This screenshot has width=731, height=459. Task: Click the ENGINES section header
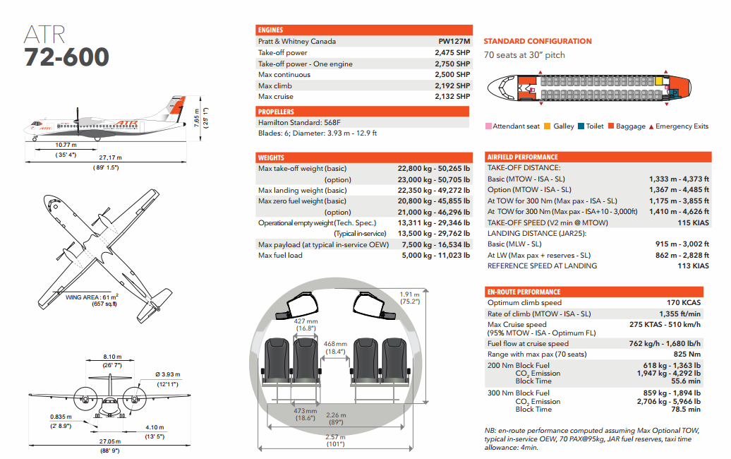click(x=271, y=30)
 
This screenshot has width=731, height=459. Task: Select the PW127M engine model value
click(x=454, y=42)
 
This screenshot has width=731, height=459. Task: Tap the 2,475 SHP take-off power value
click(x=452, y=53)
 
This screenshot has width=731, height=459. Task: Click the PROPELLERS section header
click(x=277, y=112)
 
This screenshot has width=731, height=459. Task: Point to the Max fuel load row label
click(x=280, y=255)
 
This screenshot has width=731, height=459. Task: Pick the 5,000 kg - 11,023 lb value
click(x=434, y=255)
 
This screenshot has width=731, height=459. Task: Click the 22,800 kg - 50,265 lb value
click(x=434, y=169)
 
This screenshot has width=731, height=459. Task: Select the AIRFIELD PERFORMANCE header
click(x=523, y=157)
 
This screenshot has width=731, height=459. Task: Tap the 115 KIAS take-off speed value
click(x=693, y=222)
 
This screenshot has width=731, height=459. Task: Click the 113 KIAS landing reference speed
click(x=693, y=266)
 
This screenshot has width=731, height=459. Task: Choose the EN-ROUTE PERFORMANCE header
click(x=524, y=292)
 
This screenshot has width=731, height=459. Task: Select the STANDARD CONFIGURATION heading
click(x=538, y=42)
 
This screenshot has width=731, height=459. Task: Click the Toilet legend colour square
click(x=580, y=126)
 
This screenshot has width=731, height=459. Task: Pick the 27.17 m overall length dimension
click(x=109, y=157)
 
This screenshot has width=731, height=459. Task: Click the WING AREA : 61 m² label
click(x=92, y=297)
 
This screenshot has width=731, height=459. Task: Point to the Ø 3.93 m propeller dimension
click(x=167, y=374)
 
